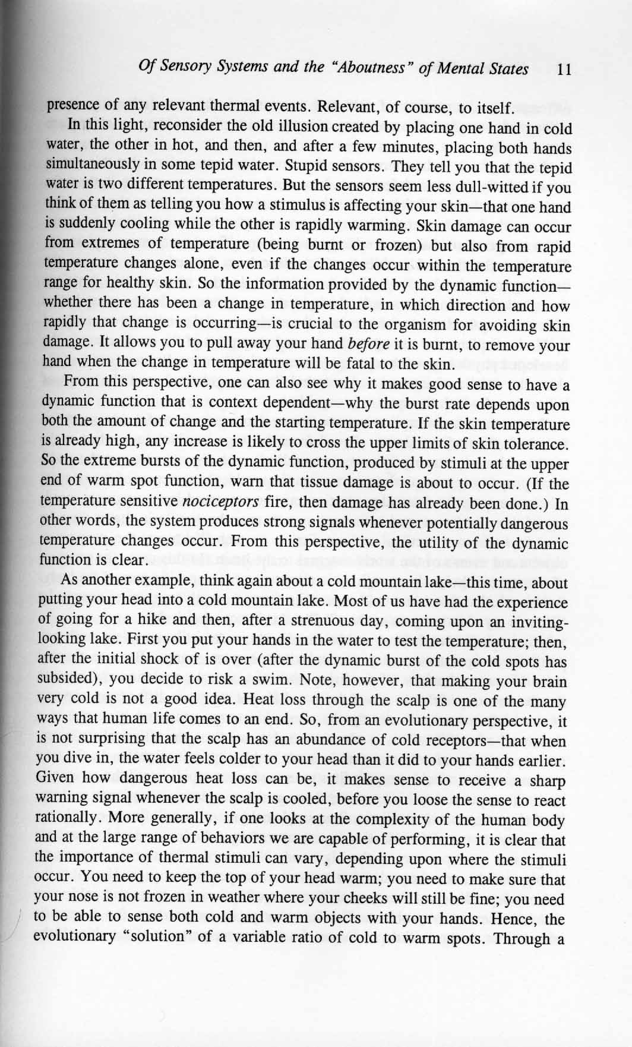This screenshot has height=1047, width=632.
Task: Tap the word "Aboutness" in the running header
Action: (374, 69)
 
